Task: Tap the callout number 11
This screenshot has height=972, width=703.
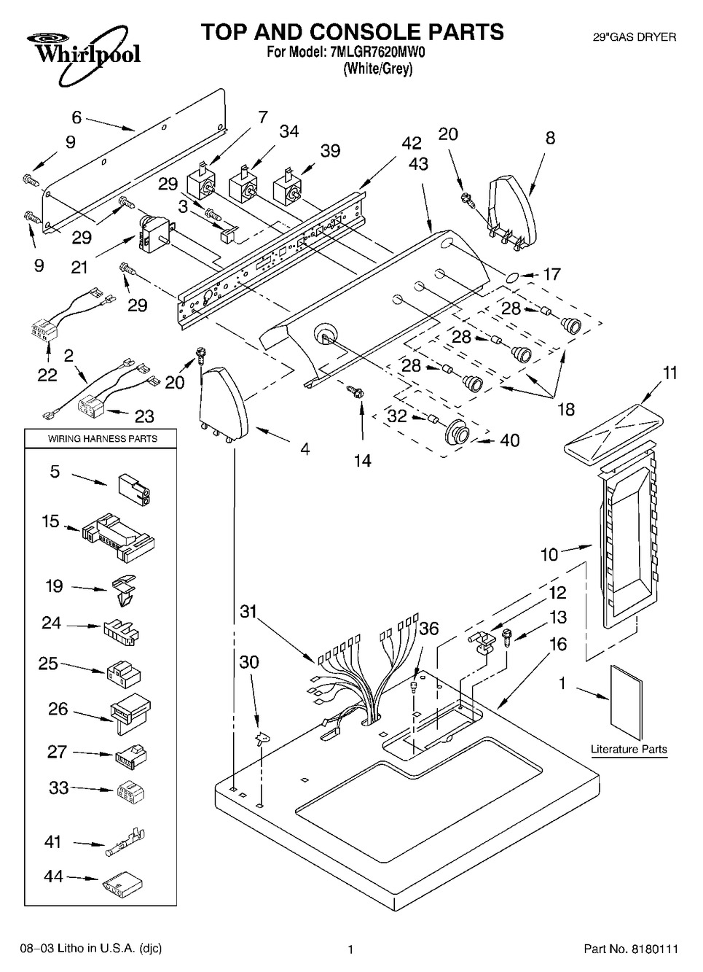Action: [x=669, y=373]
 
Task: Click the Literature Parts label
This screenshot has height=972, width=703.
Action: [x=629, y=749]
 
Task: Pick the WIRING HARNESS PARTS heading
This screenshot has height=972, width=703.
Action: [x=103, y=439]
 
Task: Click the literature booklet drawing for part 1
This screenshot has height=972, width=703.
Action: [x=627, y=701]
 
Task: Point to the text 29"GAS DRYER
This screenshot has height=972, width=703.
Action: [x=635, y=36]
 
